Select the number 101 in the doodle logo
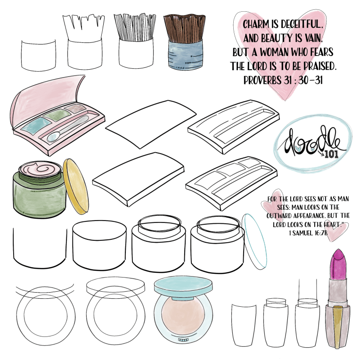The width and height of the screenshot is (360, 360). point(332,154)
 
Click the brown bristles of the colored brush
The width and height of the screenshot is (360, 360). point(184,28)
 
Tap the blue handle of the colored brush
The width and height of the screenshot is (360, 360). point(186,55)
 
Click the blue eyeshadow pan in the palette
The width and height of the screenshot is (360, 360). point(36,126)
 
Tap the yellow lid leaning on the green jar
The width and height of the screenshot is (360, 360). point(76,187)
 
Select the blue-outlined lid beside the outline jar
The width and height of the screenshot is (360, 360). point(254,241)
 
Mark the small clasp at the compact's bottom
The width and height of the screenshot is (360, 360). point(183,340)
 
